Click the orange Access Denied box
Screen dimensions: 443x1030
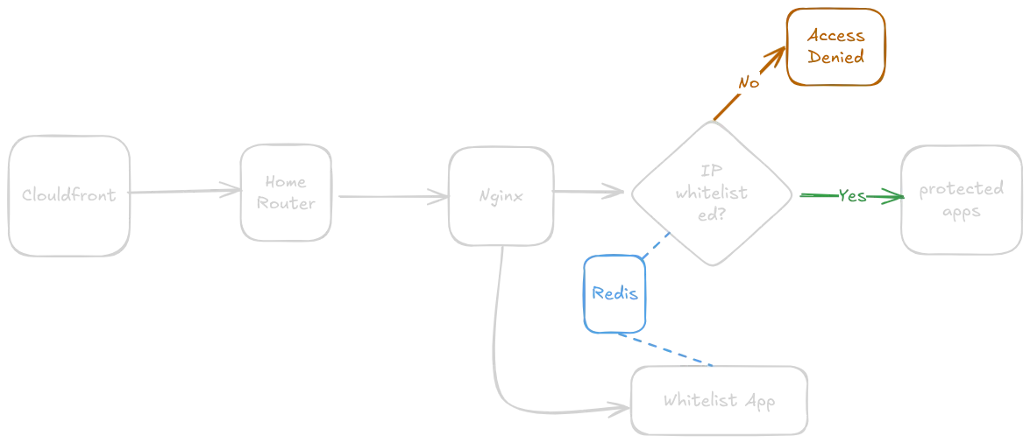[x=836, y=47]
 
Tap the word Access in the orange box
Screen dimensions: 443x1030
[x=836, y=36]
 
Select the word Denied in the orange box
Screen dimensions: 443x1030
[x=836, y=57]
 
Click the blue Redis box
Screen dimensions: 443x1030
[x=614, y=293]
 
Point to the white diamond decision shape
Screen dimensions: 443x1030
[x=712, y=194]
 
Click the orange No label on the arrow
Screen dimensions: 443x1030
[x=747, y=81]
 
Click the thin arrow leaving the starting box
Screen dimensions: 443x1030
[x=180, y=190]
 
